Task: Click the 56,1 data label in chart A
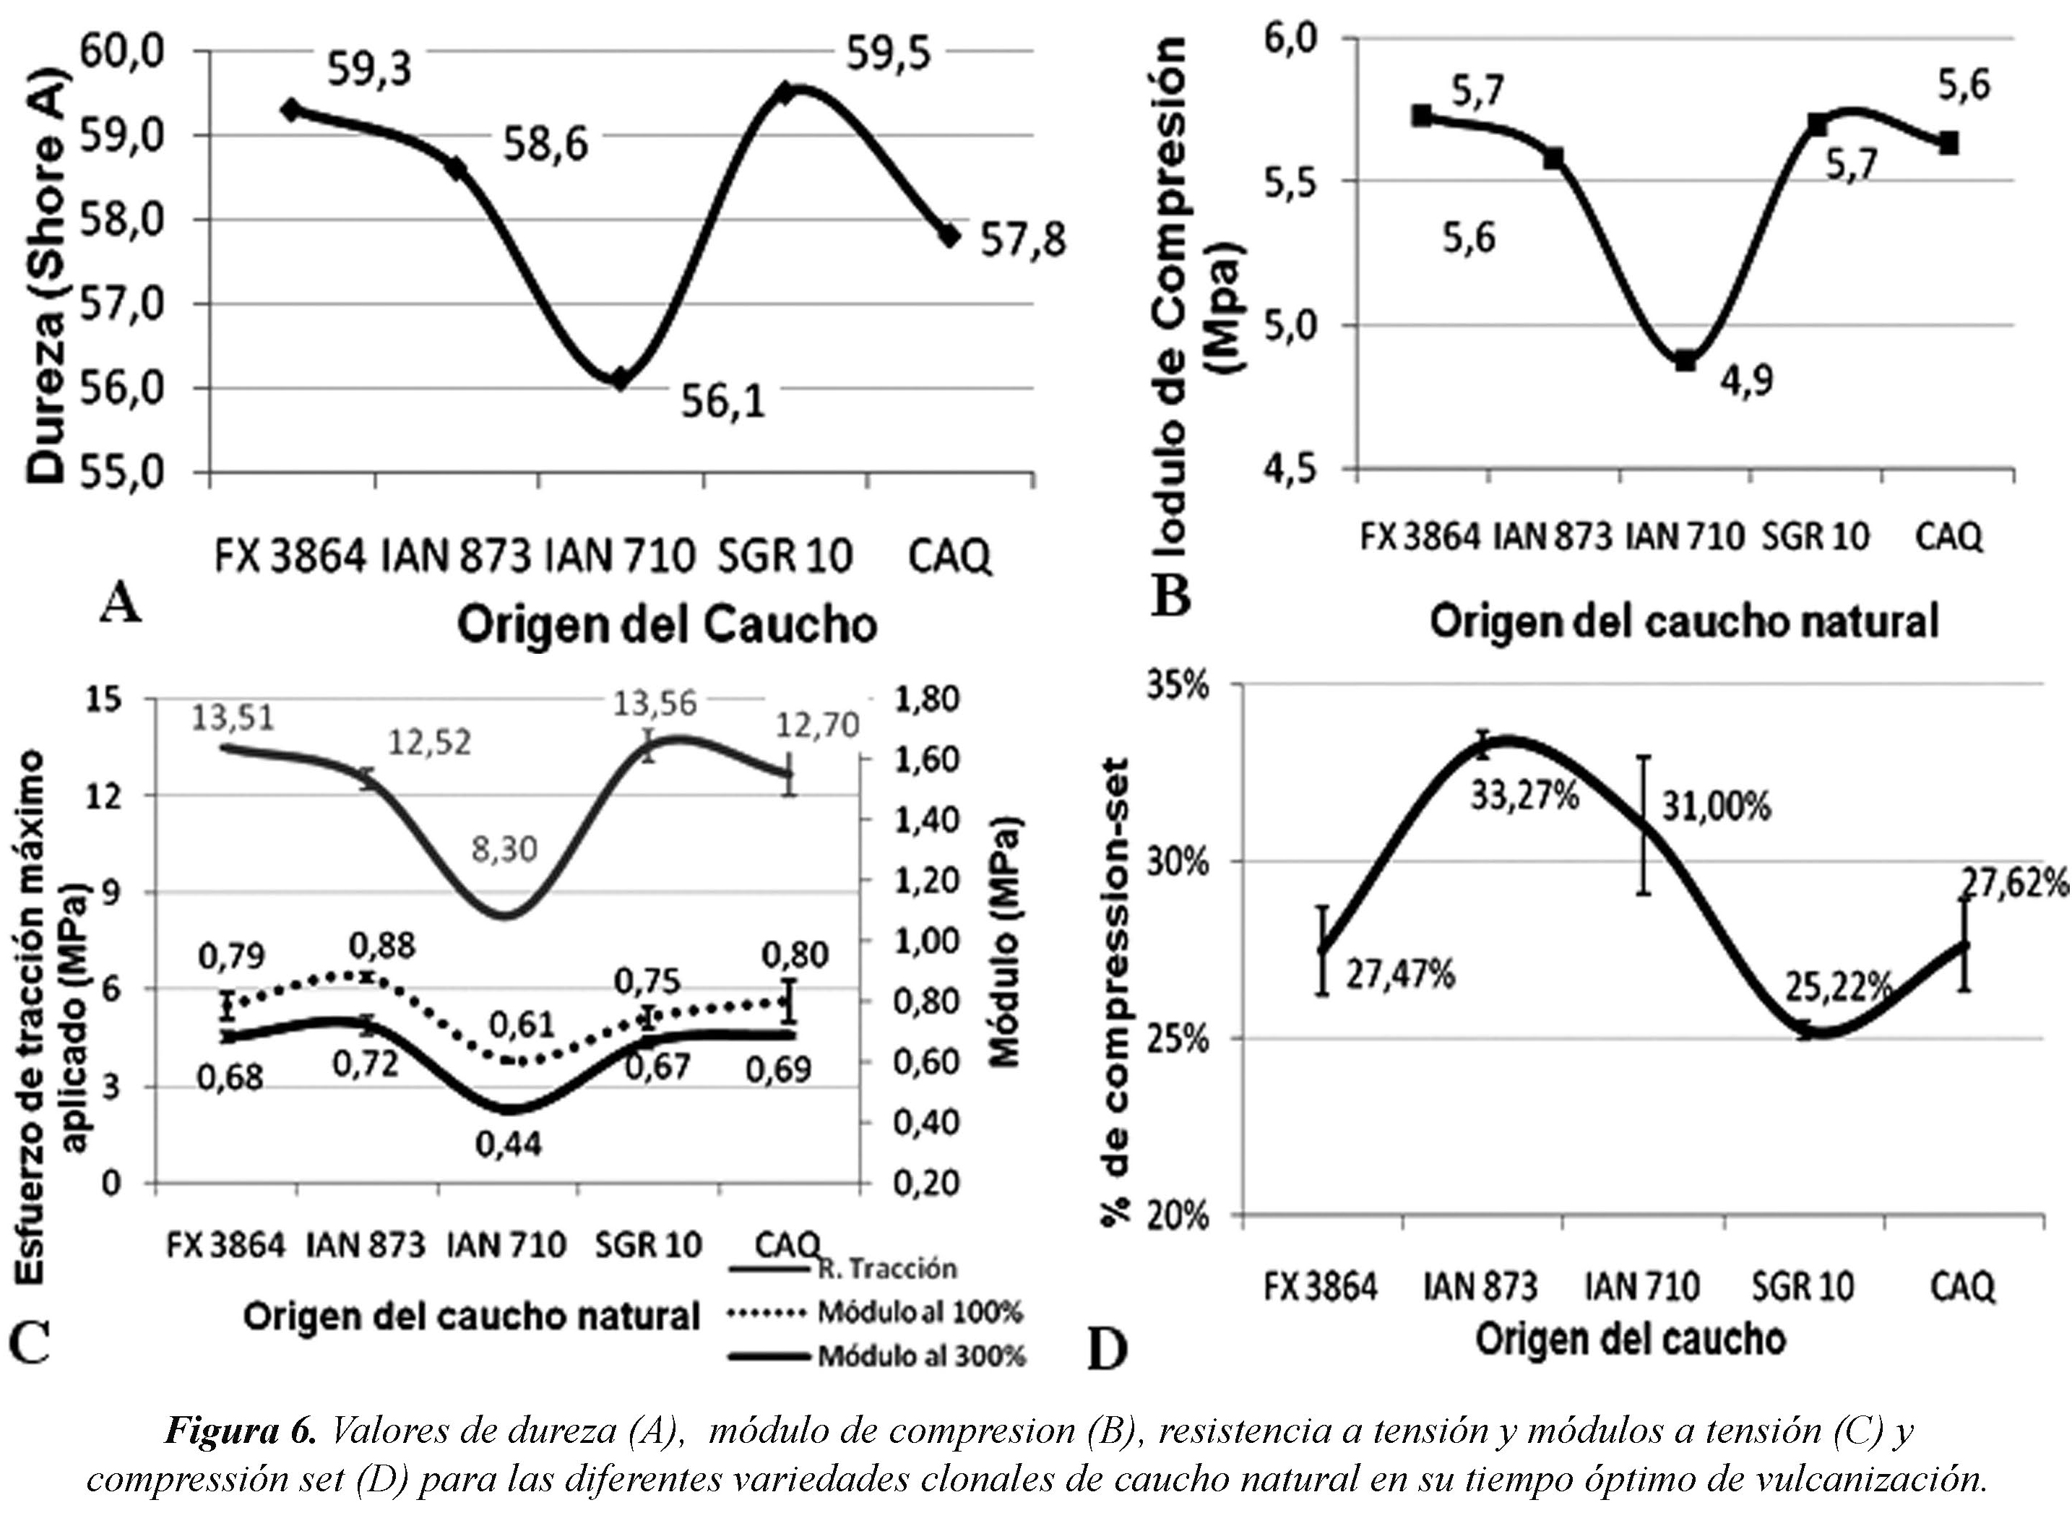pos(723,400)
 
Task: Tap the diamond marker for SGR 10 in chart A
pos(785,92)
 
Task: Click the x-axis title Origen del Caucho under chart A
pos(667,626)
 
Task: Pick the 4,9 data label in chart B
pos(1744,379)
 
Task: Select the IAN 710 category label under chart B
pos(1685,537)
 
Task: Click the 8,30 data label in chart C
pos(504,849)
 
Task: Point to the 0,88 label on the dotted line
pos(383,945)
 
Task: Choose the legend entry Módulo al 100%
pos(919,1312)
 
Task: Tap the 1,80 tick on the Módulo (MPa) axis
pos(928,699)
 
